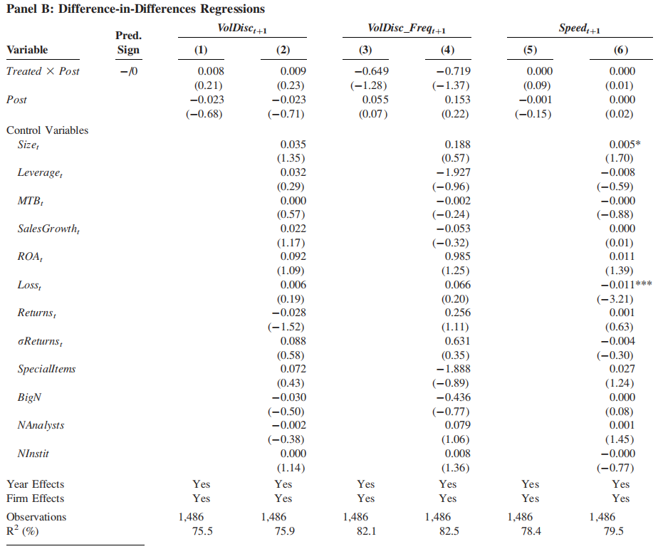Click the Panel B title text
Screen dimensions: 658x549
pyautogui.click(x=135, y=9)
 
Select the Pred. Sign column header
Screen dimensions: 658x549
pyautogui.click(x=128, y=43)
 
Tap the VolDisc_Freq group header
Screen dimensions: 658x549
pyautogui.click(x=407, y=28)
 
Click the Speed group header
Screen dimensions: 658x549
pyautogui.click(x=579, y=28)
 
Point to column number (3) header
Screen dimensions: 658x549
pyautogui.click(x=365, y=50)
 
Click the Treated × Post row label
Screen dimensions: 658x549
pyautogui.click(x=43, y=71)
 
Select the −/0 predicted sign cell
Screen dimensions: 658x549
pyautogui.click(x=129, y=71)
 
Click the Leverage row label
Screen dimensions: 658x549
pyautogui.click(x=40, y=173)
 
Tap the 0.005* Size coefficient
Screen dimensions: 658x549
pyautogui.click(x=625, y=145)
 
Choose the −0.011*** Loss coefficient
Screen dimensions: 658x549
pyautogui.click(x=627, y=285)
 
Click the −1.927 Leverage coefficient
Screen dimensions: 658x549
pyautogui.click(x=453, y=172)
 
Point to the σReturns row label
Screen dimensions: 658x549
pyautogui.click(x=40, y=342)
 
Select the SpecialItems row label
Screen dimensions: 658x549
pyautogui.click(x=46, y=369)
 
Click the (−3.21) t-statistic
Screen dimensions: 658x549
pyautogui.click(x=615, y=299)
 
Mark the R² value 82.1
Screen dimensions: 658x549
pyautogui.click(x=366, y=531)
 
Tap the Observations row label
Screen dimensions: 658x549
pyautogui.click(x=36, y=517)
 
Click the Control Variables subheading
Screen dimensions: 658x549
pyautogui.click(x=48, y=130)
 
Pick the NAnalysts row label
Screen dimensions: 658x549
pyautogui.click(x=41, y=426)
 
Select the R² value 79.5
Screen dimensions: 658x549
pyautogui.click(x=614, y=531)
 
